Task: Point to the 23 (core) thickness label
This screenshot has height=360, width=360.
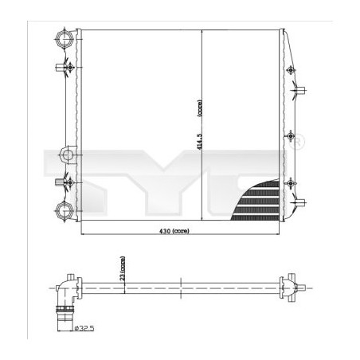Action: pyautogui.click(x=122, y=266)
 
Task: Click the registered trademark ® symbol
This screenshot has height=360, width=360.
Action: pyautogui.click(x=300, y=144)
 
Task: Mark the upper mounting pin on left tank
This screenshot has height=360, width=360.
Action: pyautogui.click(x=61, y=68)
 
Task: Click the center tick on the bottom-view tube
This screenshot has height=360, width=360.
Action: pyautogui.click(x=182, y=284)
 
